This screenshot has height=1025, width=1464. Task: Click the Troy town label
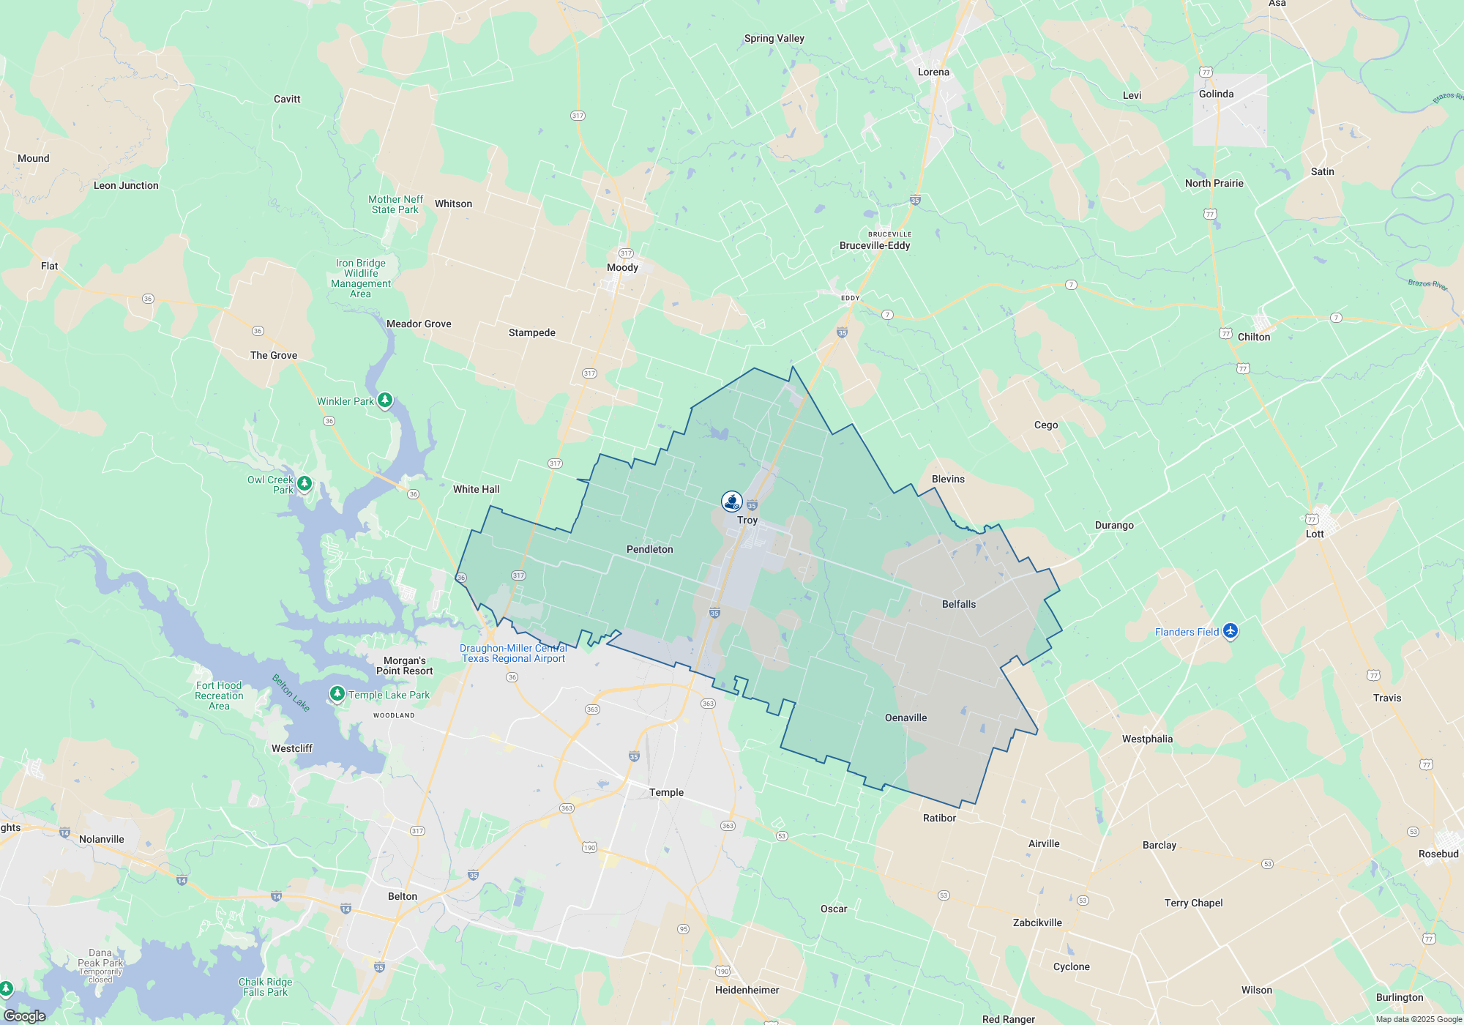pyautogui.click(x=747, y=520)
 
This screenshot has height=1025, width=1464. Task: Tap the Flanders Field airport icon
pyautogui.click(x=1230, y=631)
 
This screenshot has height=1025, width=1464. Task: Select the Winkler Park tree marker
pyautogui.click(x=384, y=400)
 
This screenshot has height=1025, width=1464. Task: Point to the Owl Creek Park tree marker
pyautogui.click(x=305, y=483)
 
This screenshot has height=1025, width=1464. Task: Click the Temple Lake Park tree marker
pyautogui.click(x=337, y=693)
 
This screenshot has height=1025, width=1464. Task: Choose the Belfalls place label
pyautogui.click(x=959, y=604)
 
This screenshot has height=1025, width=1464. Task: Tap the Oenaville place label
pyautogui.click(x=905, y=717)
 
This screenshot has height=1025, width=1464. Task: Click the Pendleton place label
pyautogui.click(x=649, y=549)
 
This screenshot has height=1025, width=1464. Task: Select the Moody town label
pyautogui.click(x=622, y=267)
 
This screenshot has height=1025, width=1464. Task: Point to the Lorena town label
pyautogui.click(x=933, y=72)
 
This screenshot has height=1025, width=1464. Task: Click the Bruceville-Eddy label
pyautogui.click(x=875, y=245)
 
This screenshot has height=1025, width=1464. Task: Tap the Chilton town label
pyautogui.click(x=1254, y=337)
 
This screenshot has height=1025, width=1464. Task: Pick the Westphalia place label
pyautogui.click(x=1147, y=739)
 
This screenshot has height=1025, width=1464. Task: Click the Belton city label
pyautogui.click(x=403, y=896)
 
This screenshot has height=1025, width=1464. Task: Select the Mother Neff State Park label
pyautogui.click(x=395, y=204)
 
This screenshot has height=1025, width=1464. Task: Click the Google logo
pyautogui.click(x=25, y=1015)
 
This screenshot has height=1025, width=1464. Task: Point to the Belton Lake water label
pyautogui.click(x=291, y=693)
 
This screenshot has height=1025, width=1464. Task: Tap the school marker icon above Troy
pyautogui.click(x=732, y=501)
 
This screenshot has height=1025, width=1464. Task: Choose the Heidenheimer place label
pyautogui.click(x=747, y=990)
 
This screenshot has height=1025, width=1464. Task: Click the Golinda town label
pyautogui.click(x=1216, y=94)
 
